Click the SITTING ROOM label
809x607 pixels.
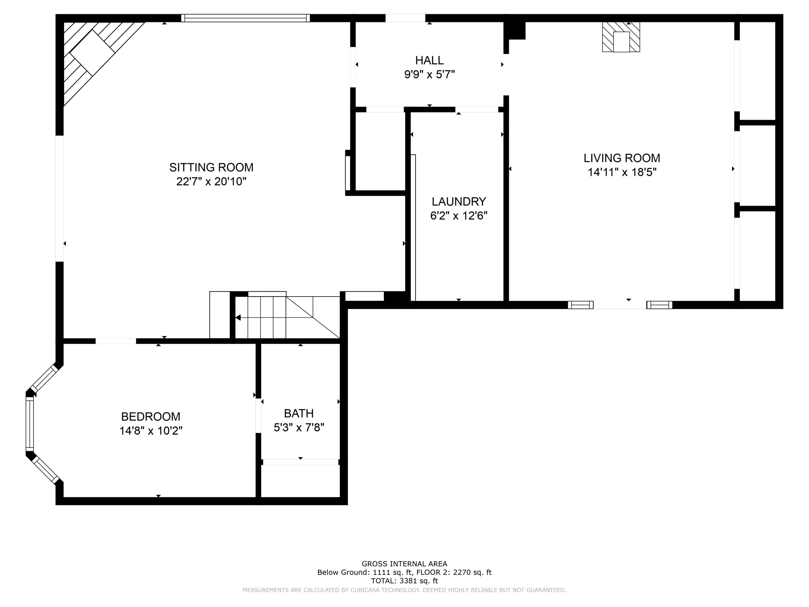click(x=211, y=167)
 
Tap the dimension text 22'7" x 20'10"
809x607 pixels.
click(x=211, y=182)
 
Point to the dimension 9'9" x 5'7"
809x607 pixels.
click(x=429, y=75)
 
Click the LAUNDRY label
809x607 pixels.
click(x=459, y=202)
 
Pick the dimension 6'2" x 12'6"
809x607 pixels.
click(x=459, y=216)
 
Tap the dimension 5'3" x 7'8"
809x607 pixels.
click(x=299, y=427)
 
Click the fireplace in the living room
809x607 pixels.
click(x=621, y=37)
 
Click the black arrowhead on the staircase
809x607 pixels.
click(x=238, y=318)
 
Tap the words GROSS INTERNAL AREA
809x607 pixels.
click(x=404, y=564)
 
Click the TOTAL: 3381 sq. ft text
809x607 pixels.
click(x=404, y=581)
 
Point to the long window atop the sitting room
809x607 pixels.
click(x=245, y=18)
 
